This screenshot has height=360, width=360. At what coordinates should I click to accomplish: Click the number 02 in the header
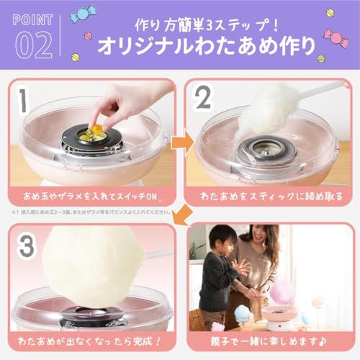pyautogui.click(x=33, y=43)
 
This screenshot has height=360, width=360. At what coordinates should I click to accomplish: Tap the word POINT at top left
pyautogui.click(x=33, y=19)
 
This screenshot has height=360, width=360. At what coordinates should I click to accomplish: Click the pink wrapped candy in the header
pyautogui.click(x=336, y=36)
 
